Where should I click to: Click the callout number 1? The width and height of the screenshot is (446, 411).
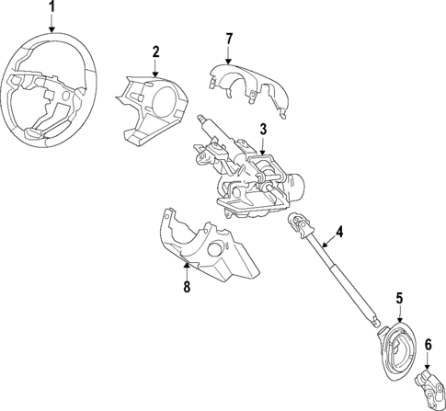click(x=52, y=9)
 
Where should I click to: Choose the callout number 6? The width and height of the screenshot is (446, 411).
click(x=428, y=344)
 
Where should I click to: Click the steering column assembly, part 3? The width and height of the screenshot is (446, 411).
click(x=248, y=175)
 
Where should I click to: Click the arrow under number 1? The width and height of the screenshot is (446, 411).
click(x=52, y=28)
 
